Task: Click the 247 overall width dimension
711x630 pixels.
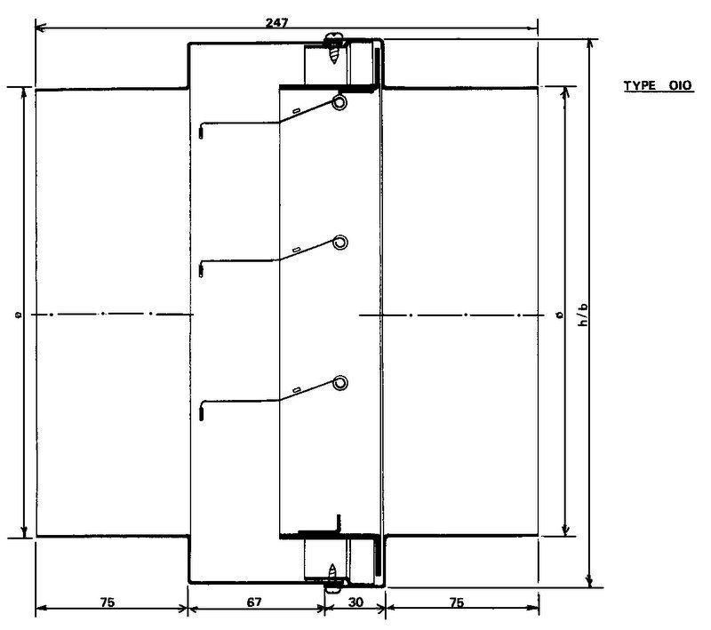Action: (x=276, y=23)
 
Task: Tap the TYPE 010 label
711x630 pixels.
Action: (x=658, y=85)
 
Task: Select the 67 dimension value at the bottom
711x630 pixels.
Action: (x=254, y=602)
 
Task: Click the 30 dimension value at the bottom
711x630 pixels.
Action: (x=356, y=602)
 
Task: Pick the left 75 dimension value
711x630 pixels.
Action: (x=108, y=602)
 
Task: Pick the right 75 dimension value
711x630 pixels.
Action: (x=457, y=602)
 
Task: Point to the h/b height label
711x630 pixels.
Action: (x=584, y=315)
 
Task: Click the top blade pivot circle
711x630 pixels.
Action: (x=339, y=102)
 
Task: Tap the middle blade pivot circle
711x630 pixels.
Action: (x=340, y=243)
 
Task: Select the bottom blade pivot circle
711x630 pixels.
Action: (x=340, y=383)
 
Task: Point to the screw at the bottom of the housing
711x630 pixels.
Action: (x=333, y=578)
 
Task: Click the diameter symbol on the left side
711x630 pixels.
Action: (x=18, y=314)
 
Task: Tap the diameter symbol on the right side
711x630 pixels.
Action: (x=561, y=314)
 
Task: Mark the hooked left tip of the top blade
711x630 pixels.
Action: (x=201, y=133)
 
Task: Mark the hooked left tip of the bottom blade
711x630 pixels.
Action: (x=201, y=414)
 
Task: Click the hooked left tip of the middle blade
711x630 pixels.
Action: (x=201, y=271)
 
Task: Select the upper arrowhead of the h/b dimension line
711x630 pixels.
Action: (x=589, y=44)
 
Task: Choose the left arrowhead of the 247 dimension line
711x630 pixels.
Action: (x=41, y=28)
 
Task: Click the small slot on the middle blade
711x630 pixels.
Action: (x=297, y=250)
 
